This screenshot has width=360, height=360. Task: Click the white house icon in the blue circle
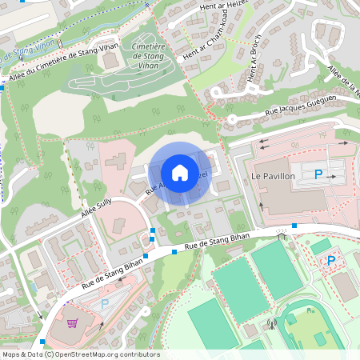[x=180, y=173]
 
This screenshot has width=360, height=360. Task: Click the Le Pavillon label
[x=273, y=175]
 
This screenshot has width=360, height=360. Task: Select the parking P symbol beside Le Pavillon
[x=318, y=174]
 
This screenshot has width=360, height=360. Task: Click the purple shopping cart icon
[x=73, y=324]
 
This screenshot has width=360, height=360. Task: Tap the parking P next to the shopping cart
[x=105, y=304]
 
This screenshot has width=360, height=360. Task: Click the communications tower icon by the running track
[x=271, y=326]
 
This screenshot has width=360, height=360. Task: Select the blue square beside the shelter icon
[x=294, y=226]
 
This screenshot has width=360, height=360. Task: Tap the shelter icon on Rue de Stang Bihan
[x=281, y=235]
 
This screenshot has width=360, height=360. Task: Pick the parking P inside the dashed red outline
[x=331, y=261]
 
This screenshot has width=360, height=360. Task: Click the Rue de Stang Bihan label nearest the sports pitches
[x=218, y=242]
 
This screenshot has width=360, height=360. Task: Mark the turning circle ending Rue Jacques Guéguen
[x=231, y=120]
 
